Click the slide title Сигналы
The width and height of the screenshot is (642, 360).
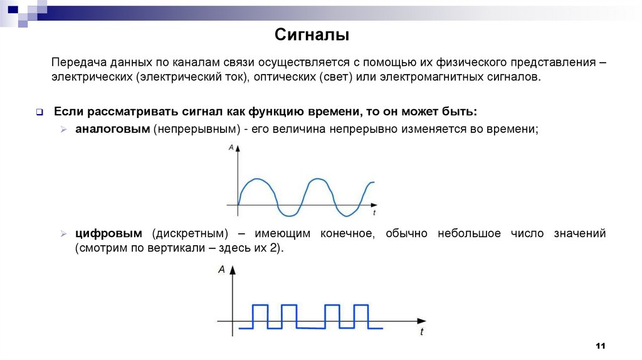point(312,35)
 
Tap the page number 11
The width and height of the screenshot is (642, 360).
point(600,346)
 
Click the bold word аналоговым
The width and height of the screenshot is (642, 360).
point(112,129)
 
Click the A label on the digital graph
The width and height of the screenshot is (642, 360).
point(221,270)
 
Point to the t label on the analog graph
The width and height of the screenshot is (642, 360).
point(374,213)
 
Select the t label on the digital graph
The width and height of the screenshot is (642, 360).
point(422,331)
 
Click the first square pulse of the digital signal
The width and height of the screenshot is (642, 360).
point(260,313)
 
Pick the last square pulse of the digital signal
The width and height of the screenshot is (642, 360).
point(361,313)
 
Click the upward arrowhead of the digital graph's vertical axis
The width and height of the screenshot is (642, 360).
point(233,270)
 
